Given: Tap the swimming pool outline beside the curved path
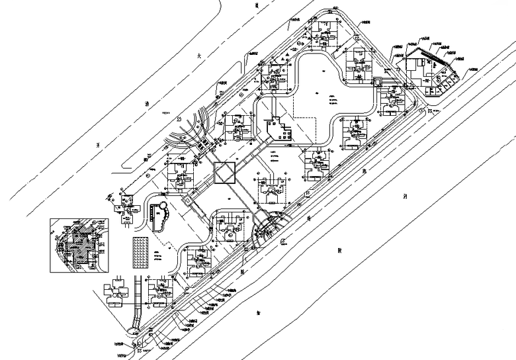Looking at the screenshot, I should [x=159, y=216].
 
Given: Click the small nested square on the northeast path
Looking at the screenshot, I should [x=378, y=83].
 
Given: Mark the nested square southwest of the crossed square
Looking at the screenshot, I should [x=187, y=199].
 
